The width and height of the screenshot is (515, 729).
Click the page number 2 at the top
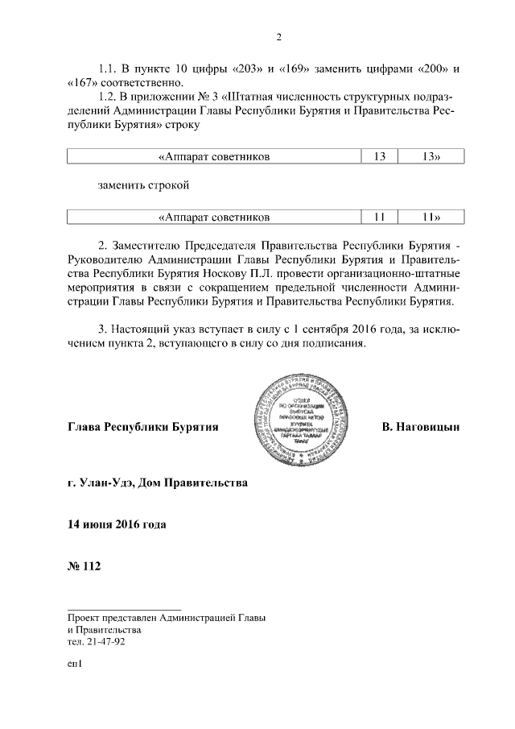click(x=278, y=36)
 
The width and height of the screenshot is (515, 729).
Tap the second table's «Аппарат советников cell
click(x=213, y=217)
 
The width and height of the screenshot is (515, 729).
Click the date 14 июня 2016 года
click(x=117, y=525)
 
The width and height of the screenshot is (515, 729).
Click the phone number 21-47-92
click(x=105, y=642)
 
